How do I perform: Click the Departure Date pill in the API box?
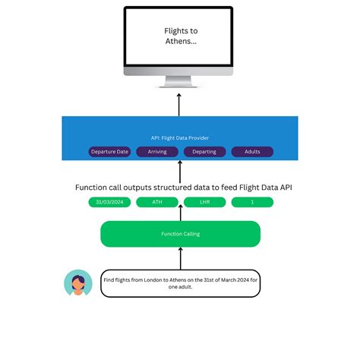point(109,151)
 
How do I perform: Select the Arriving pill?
point(157,151)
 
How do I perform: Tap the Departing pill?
point(204,151)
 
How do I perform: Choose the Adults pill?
point(252,151)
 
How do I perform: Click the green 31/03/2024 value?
point(109,202)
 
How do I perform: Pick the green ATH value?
point(157,202)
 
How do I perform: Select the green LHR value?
point(204,202)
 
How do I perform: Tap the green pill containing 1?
point(252,202)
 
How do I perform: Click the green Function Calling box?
point(180,234)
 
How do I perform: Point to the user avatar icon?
point(77,283)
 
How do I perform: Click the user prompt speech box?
point(180,283)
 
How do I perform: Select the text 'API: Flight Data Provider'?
point(180,137)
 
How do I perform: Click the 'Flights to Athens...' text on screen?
point(180,36)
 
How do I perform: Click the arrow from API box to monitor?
point(180,103)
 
